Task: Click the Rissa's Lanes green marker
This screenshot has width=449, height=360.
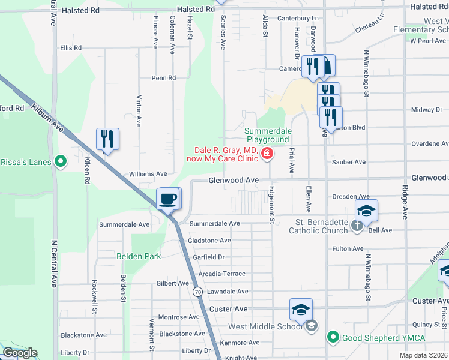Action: point(60,161)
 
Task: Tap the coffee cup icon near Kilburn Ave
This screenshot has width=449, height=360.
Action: point(168,198)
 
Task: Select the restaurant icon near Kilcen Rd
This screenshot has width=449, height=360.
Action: point(107,139)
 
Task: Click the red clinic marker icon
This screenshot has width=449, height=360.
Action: point(267,155)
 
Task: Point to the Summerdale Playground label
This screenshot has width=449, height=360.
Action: point(268,135)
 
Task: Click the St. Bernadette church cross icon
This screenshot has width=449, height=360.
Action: point(357,226)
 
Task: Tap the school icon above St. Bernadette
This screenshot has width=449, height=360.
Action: point(366,211)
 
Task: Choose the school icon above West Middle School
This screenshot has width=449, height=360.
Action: point(301,310)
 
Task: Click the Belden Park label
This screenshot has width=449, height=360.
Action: point(139,256)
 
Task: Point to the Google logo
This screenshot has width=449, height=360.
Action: point(20,353)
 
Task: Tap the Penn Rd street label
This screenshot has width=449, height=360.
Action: point(163,78)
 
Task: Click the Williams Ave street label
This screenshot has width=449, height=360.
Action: point(148,174)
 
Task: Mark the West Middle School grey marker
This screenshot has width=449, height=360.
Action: point(311,326)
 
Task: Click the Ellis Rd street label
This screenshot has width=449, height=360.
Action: point(70,48)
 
